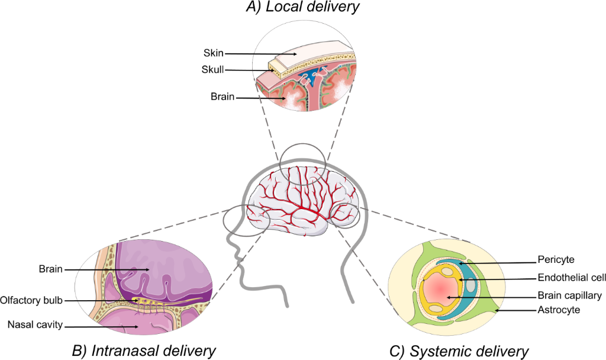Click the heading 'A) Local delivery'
(303, 8)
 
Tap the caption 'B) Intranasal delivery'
(143, 351)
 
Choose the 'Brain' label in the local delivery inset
(223, 97)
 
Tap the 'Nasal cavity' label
(34, 324)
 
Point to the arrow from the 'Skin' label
(260, 53)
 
